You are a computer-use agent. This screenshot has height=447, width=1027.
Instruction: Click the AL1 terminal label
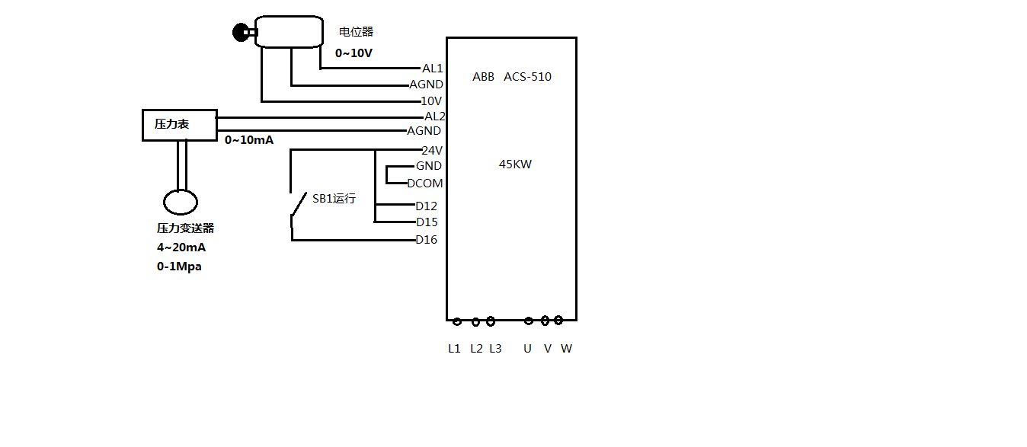[432, 69]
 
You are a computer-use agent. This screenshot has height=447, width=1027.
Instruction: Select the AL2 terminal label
[434, 117]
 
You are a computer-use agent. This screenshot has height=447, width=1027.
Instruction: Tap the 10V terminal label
[431, 101]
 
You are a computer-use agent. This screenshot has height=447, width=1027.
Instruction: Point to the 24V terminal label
[432, 151]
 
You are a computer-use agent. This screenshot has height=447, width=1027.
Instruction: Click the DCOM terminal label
[424, 184]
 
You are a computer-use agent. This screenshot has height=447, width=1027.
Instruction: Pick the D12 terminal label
[426, 206]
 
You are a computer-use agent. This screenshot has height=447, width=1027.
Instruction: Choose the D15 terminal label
[427, 222]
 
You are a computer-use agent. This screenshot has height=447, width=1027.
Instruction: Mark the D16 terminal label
[426, 240]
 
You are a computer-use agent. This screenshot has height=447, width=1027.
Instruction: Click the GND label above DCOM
[428, 166]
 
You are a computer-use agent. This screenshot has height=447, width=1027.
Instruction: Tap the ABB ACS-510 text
[511, 77]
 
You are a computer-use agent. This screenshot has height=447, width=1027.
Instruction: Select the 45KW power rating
[515, 164]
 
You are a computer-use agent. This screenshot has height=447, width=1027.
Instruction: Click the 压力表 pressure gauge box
[179, 125]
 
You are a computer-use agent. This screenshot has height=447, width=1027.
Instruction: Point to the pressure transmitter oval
[181, 203]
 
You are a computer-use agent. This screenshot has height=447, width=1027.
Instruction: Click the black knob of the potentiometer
[242, 32]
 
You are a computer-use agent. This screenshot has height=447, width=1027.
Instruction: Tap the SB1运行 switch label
[334, 199]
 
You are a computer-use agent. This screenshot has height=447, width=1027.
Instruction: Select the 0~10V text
[354, 53]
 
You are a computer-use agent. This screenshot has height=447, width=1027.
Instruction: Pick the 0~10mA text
[248, 140]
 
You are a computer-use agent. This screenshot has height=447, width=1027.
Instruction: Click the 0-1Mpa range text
[179, 267]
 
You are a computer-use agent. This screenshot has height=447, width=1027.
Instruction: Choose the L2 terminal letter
[476, 349]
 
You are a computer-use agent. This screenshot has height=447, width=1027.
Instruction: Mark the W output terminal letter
[566, 349]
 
